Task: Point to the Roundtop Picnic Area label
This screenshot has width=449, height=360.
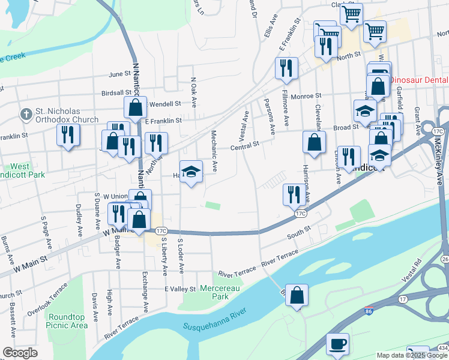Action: [x=67, y=321]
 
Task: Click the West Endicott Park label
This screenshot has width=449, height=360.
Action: [x=19, y=170]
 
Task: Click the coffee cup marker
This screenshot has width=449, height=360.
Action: [x=337, y=344]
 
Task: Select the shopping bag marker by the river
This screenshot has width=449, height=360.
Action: [x=297, y=295]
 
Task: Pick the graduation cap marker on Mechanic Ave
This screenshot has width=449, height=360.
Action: [x=191, y=172]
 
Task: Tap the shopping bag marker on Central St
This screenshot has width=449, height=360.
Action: [x=314, y=142]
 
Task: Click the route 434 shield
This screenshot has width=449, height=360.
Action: [x=442, y=348]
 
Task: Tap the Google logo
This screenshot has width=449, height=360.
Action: [x=20, y=353]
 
